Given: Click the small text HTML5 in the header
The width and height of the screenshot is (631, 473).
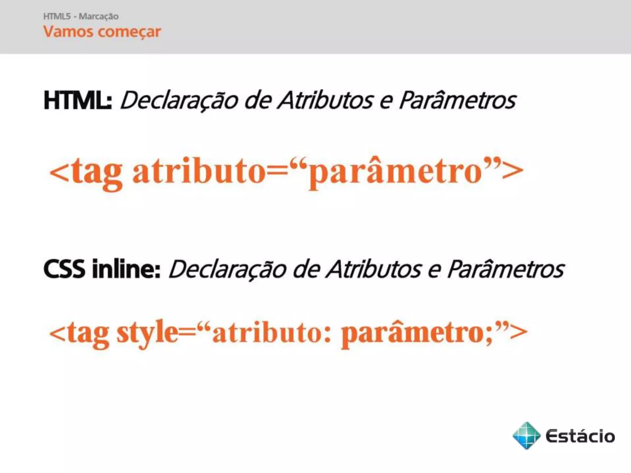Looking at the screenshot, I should (x=57, y=16).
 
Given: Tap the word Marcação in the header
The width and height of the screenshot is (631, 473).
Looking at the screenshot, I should (x=99, y=16).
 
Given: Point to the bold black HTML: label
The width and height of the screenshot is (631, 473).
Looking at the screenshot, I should (x=78, y=100).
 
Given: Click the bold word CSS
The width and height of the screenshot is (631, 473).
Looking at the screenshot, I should (x=64, y=269).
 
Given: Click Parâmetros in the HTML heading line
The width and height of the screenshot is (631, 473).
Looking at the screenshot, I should (x=457, y=100).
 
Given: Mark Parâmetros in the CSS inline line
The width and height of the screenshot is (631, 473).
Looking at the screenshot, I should (x=506, y=269).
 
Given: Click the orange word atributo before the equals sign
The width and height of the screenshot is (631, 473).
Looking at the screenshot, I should (x=199, y=172).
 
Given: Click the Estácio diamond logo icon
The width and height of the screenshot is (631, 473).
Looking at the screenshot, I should (x=526, y=436).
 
